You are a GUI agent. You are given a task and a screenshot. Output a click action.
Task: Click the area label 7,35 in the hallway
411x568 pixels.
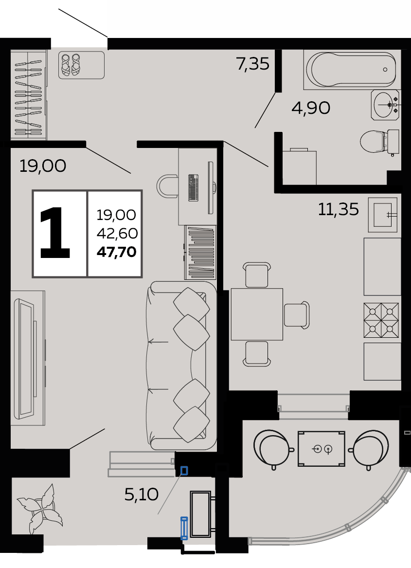(253, 64)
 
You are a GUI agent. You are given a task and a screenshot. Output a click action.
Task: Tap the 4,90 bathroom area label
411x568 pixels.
(311, 108)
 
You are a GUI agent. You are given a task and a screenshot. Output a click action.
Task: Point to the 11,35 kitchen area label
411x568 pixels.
(338, 209)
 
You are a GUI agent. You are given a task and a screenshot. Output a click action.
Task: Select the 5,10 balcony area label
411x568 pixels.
(141, 495)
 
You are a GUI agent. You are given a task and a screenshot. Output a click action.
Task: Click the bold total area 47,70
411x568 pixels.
(117, 252)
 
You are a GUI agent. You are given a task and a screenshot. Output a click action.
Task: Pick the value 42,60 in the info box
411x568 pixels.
(117, 233)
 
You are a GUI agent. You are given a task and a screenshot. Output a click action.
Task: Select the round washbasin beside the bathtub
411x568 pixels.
(385, 105)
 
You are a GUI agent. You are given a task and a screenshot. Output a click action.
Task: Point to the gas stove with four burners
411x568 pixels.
(381, 320)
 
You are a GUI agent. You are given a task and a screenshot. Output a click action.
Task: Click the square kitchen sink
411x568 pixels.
(383, 215)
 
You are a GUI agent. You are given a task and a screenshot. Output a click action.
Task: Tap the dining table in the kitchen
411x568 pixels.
(257, 314)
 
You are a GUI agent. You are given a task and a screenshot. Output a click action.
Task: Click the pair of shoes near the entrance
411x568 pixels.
(71, 65)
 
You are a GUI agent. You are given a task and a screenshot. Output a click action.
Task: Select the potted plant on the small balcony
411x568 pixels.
(40, 509)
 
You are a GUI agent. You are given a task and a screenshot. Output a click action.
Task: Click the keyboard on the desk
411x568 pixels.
(194, 188)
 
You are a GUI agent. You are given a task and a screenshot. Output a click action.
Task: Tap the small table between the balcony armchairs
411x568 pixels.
(321, 448)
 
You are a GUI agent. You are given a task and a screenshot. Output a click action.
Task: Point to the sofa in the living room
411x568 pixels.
(181, 365)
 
